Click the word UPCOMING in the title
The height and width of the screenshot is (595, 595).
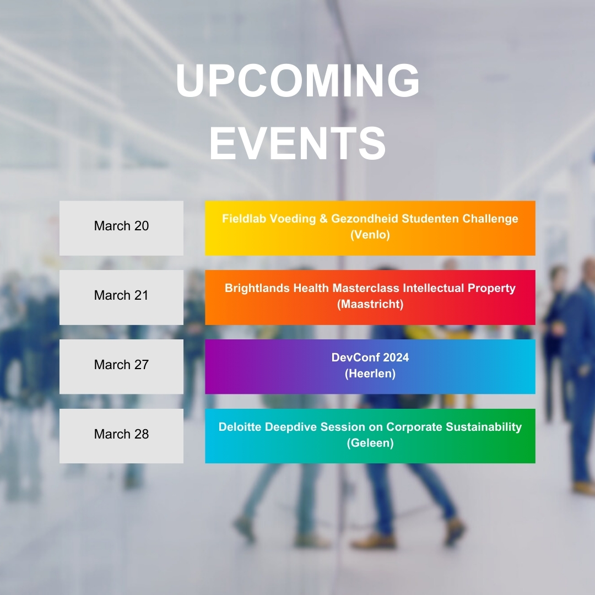coord(297,81)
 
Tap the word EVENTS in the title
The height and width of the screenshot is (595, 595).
coord(297,143)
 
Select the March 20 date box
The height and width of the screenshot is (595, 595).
coord(121,228)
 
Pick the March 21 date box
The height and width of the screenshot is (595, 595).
coord(121,297)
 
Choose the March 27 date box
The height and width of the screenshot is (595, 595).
coord(121,366)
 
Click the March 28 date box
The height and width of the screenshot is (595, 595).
coord(121,436)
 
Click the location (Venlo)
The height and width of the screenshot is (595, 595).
coord(370,235)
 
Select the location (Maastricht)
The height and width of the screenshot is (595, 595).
coord(370,304)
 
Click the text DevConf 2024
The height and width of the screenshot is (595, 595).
coord(370,358)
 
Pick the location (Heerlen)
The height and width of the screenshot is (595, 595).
coord(370,374)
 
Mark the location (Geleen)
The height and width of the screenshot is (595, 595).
coord(370,443)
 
